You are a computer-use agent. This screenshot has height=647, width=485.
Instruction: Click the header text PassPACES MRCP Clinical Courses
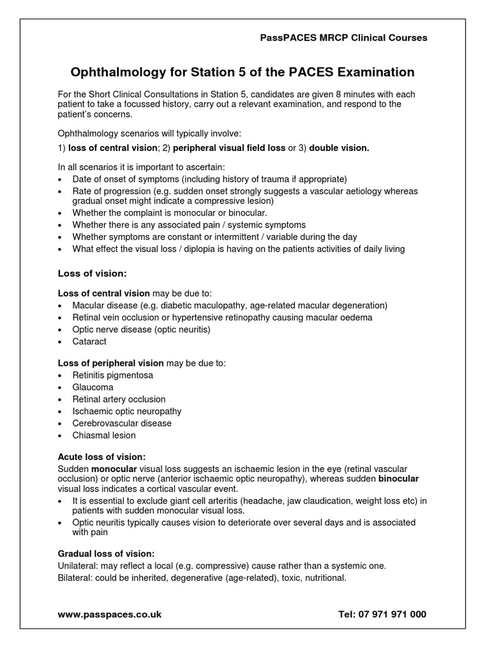(x=344, y=38)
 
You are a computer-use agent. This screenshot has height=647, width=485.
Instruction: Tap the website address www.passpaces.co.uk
(x=109, y=614)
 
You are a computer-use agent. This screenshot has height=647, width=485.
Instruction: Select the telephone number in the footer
(x=383, y=614)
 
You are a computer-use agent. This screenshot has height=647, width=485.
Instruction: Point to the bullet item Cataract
(x=89, y=341)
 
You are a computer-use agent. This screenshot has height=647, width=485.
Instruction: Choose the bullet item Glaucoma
(x=93, y=387)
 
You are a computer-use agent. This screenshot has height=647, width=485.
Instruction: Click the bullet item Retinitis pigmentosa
(x=112, y=375)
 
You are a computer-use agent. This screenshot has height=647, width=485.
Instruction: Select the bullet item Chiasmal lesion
(x=104, y=435)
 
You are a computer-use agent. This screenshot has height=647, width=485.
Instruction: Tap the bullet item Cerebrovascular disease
(x=122, y=423)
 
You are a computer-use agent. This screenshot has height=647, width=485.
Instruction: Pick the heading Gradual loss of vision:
(x=106, y=553)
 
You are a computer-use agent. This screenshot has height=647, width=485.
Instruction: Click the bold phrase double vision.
(x=338, y=148)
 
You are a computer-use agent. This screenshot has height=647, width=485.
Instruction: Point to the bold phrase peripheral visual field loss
(x=229, y=148)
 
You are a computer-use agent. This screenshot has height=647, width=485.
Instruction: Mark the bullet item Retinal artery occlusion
(x=119, y=399)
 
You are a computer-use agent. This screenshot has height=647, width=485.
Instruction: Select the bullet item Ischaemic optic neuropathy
(x=126, y=411)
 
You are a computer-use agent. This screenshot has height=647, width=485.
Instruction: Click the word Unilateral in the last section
(x=77, y=565)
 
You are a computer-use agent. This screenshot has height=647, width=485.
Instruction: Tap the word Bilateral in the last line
(x=75, y=577)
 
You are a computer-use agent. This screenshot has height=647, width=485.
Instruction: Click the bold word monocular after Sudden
(x=114, y=469)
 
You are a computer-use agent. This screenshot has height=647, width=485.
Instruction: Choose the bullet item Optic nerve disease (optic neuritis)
(x=141, y=329)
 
